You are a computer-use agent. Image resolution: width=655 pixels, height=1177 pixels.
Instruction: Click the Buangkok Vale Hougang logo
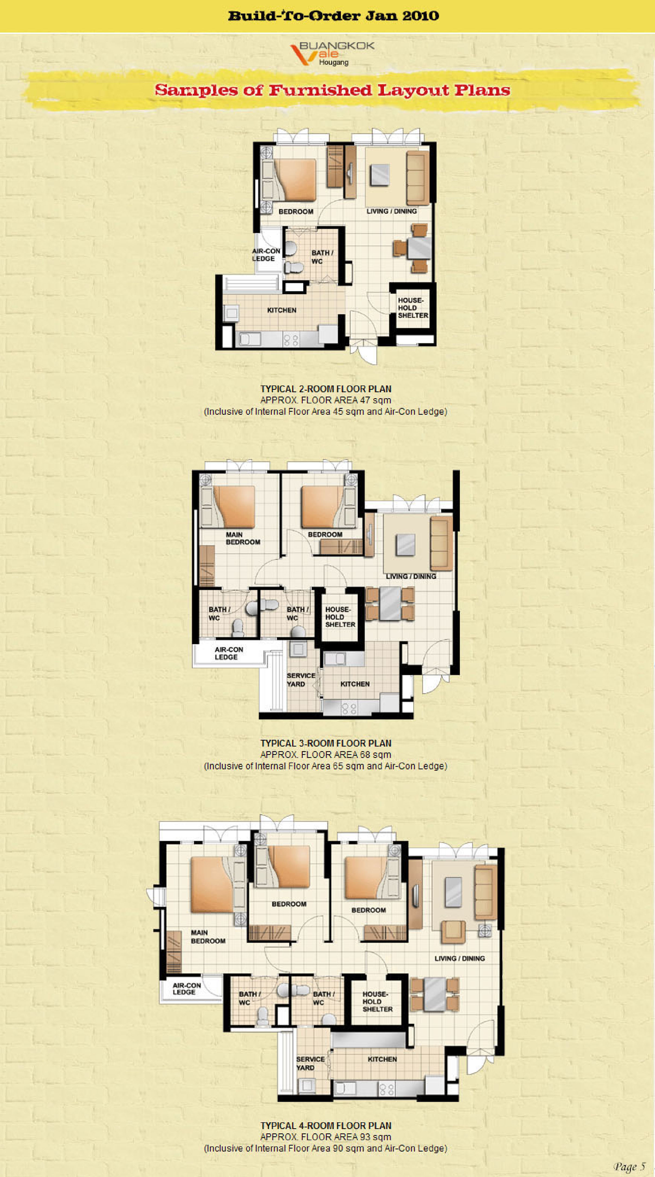[332, 53]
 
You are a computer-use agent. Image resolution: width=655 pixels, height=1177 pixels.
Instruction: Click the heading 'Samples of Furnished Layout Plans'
[332, 90]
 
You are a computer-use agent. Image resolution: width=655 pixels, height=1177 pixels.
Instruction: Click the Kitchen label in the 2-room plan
[282, 310]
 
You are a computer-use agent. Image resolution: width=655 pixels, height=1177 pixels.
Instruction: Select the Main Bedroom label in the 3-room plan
[243, 538]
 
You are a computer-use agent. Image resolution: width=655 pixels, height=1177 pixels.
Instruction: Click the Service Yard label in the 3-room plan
[301, 679]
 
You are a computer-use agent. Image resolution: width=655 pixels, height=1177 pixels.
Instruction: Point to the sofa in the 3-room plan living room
[441, 543]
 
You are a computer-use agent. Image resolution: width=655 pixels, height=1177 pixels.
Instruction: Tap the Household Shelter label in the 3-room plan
[340, 617]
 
